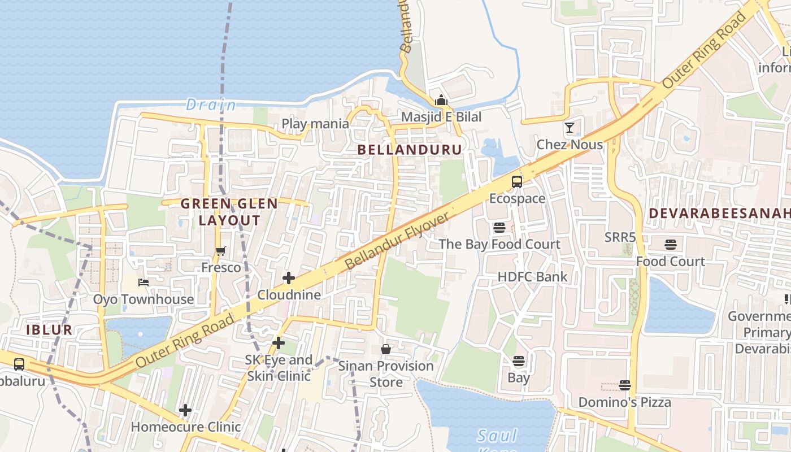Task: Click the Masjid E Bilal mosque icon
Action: pyautogui.click(x=441, y=101)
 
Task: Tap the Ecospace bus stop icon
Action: pyautogui.click(x=517, y=182)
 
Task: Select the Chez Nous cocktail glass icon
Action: pyautogui.click(x=570, y=128)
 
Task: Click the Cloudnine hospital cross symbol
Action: pyautogui.click(x=289, y=278)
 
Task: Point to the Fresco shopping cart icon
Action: pyautogui.click(x=221, y=251)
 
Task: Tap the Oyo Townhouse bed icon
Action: pyautogui.click(x=144, y=282)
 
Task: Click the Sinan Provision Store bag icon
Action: pyautogui.click(x=386, y=349)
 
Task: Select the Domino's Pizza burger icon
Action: pyautogui.click(x=625, y=385)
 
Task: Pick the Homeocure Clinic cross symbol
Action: pyautogui.click(x=185, y=410)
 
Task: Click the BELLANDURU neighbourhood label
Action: pyautogui.click(x=410, y=150)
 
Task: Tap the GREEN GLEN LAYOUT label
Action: pyautogui.click(x=229, y=212)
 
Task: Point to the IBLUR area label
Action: pyautogui.click(x=49, y=330)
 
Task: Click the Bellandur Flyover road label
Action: pyautogui.click(x=398, y=241)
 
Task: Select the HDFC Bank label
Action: pyautogui.click(x=532, y=277)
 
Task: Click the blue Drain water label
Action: pyautogui.click(x=211, y=105)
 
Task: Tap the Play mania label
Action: pyautogui.click(x=315, y=123)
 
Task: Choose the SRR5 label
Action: pyautogui.click(x=620, y=237)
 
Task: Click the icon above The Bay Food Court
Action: pyautogui.click(x=499, y=228)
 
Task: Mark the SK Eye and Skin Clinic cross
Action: pyautogui.click(x=279, y=343)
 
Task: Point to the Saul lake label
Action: pyautogui.click(x=497, y=436)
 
